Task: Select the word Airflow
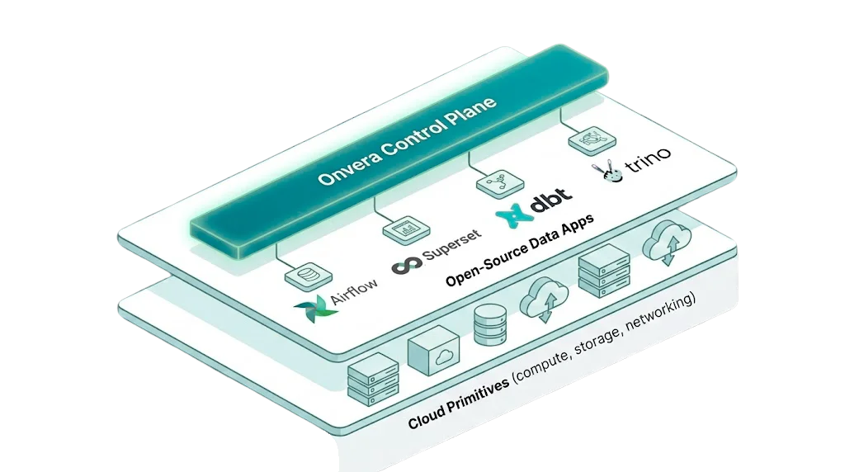pyautogui.click(x=353, y=290)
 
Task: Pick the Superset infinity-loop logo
pyautogui.click(x=407, y=265)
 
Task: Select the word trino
pyautogui.click(x=648, y=158)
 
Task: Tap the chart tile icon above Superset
pyautogui.click(x=406, y=230)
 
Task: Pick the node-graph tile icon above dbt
pyautogui.click(x=500, y=184)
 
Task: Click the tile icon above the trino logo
pyautogui.click(x=592, y=139)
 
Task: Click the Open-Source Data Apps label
pyautogui.click(x=520, y=249)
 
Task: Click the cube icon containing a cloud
pyautogui.click(x=434, y=350)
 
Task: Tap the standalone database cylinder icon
pyautogui.click(x=490, y=325)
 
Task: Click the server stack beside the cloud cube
pyautogui.click(x=373, y=379)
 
